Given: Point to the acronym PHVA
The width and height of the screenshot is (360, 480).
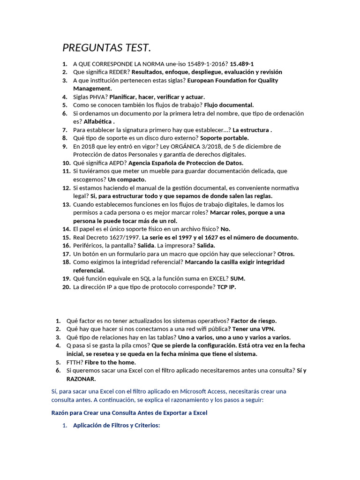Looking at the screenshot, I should pyautogui.click(x=99, y=97).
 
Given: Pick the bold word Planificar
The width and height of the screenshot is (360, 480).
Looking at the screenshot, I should pyautogui.click(x=125, y=97).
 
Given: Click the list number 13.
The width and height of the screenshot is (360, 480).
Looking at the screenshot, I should pyautogui.click(x=66, y=204).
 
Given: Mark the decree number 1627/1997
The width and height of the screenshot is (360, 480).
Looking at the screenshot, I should pyautogui.click(x=116, y=237).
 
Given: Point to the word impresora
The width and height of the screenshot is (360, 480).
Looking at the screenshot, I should pyautogui.click(x=178, y=245).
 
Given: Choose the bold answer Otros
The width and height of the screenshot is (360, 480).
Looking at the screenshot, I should pyautogui.click(x=285, y=254).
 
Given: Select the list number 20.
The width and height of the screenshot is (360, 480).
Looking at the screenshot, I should pyautogui.click(x=66, y=287).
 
